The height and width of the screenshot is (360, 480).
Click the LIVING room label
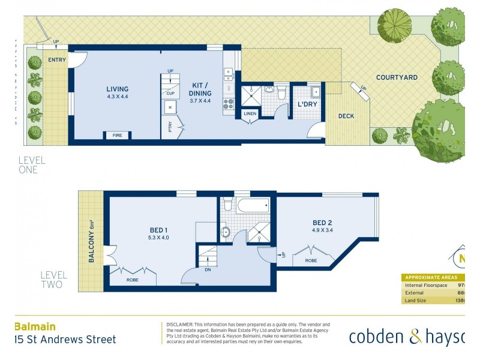coord(117,89)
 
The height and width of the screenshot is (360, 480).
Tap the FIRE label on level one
coord(118,136)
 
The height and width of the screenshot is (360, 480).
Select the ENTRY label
coord(58,59)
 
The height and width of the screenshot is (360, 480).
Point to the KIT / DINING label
coord(200,89)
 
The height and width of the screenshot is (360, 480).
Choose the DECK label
coord(346,116)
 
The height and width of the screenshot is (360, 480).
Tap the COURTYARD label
coord(397,77)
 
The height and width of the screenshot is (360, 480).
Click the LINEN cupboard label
coord(250,114)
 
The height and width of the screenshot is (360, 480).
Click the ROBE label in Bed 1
coord(133,279)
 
